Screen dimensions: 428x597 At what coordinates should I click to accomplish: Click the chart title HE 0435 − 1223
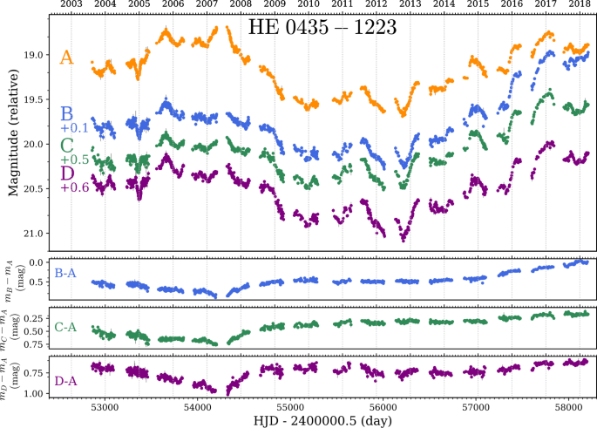[322, 28]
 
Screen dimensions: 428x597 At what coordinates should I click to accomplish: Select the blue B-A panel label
[65, 274]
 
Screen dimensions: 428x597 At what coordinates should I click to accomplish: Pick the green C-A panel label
[65, 328]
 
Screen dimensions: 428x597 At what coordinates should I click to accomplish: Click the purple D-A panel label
[65, 381]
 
